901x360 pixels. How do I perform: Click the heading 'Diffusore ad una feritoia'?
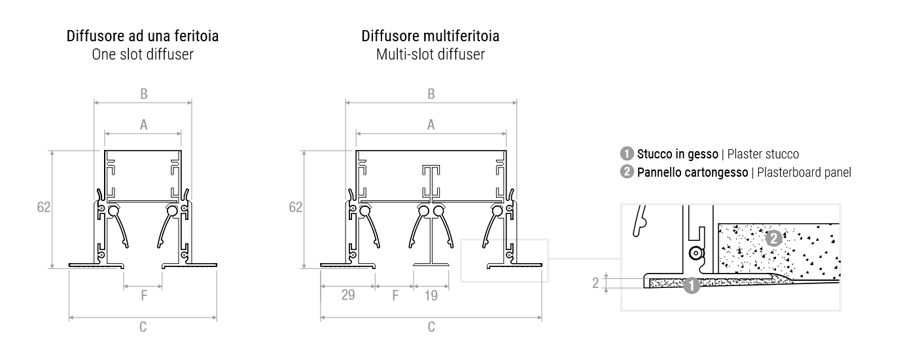(143, 36)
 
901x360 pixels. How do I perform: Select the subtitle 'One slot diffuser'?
(143, 54)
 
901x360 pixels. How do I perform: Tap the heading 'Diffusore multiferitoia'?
(431, 36)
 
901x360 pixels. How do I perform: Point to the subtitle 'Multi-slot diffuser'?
(431, 54)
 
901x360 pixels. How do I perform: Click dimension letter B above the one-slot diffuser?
(143, 94)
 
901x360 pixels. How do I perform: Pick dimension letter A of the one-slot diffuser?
(143, 125)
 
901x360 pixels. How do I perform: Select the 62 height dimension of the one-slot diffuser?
(44, 207)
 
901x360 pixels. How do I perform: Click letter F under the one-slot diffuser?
(144, 296)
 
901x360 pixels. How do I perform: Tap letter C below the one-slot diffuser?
(143, 327)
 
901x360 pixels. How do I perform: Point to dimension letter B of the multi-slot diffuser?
(431, 94)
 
